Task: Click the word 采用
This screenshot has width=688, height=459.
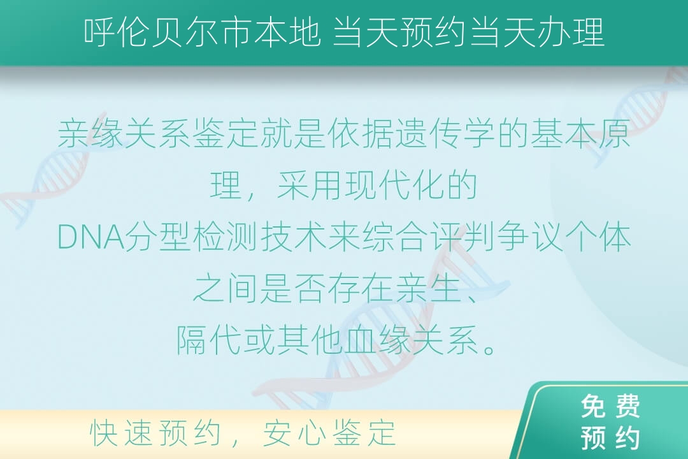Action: point(310,186)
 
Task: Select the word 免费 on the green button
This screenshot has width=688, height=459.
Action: point(610,406)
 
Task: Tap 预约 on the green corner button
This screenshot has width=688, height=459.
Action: point(610,437)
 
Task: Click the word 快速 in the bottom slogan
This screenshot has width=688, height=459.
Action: point(120,433)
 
